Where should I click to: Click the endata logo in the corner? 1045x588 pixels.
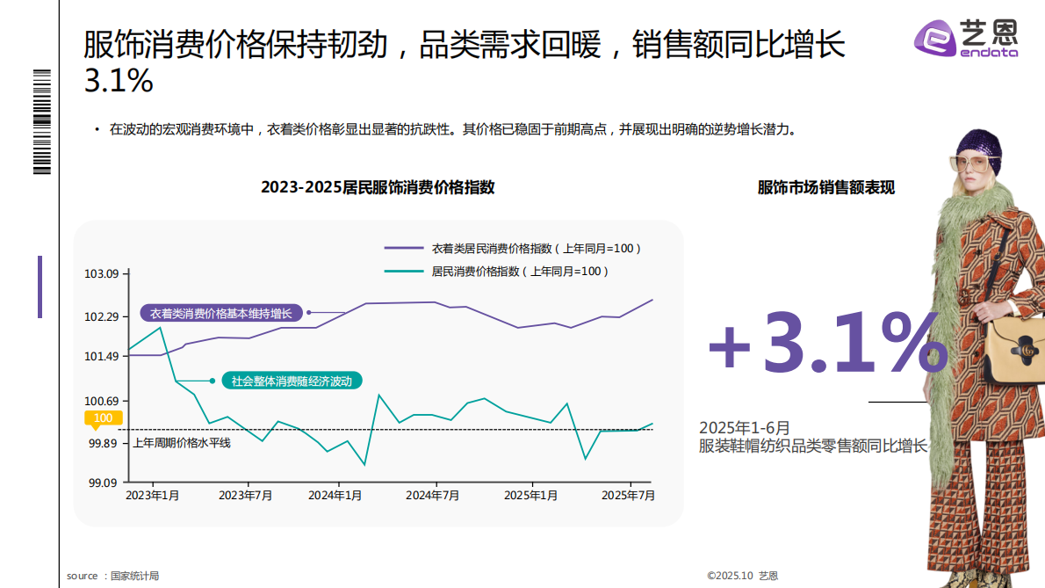click(966, 39)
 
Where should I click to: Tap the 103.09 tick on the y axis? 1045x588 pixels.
click(101, 274)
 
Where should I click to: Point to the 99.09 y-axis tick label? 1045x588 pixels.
click(101, 483)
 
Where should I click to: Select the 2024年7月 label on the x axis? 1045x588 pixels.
click(432, 496)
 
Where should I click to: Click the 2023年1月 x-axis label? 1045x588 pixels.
click(153, 496)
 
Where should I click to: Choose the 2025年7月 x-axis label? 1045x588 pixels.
click(628, 496)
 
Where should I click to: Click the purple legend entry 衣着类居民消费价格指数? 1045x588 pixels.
click(536, 249)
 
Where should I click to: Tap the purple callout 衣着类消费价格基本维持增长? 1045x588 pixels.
click(220, 313)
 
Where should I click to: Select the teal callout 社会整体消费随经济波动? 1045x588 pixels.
click(292, 381)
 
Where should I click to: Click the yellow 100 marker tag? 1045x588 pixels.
click(103, 418)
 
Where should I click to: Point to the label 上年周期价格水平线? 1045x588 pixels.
click(182, 443)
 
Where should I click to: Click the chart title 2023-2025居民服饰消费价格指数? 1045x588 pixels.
click(378, 187)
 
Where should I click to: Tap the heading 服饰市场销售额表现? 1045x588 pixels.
click(826, 187)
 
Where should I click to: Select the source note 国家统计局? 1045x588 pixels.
click(134, 576)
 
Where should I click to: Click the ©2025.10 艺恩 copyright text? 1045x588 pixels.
click(742, 576)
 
